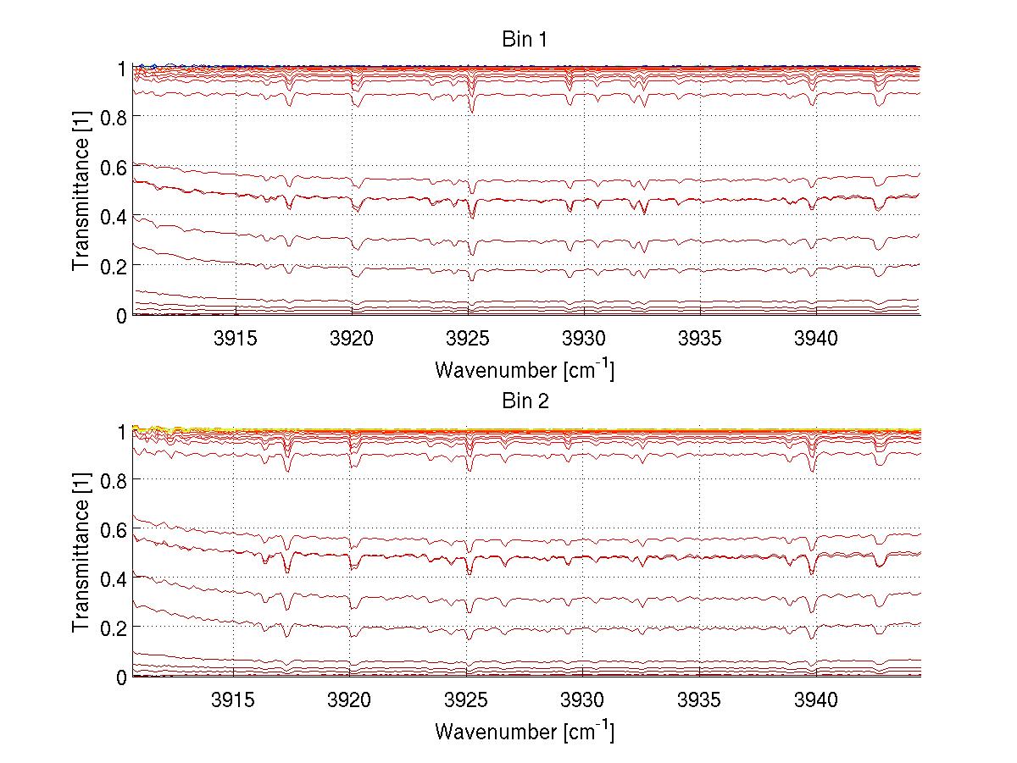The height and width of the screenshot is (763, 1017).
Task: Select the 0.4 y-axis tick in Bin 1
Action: pyautogui.click(x=113, y=216)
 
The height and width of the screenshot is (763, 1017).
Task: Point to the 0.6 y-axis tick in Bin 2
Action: pyautogui.click(x=113, y=529)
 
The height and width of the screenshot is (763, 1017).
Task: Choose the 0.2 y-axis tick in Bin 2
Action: pyautogui.click(x=113, y=628)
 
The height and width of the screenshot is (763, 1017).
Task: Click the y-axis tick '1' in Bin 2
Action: pyautogui.click(x=121, y=431)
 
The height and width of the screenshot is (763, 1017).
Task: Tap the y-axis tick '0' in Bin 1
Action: pyautogui.click(x=121, y=315)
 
